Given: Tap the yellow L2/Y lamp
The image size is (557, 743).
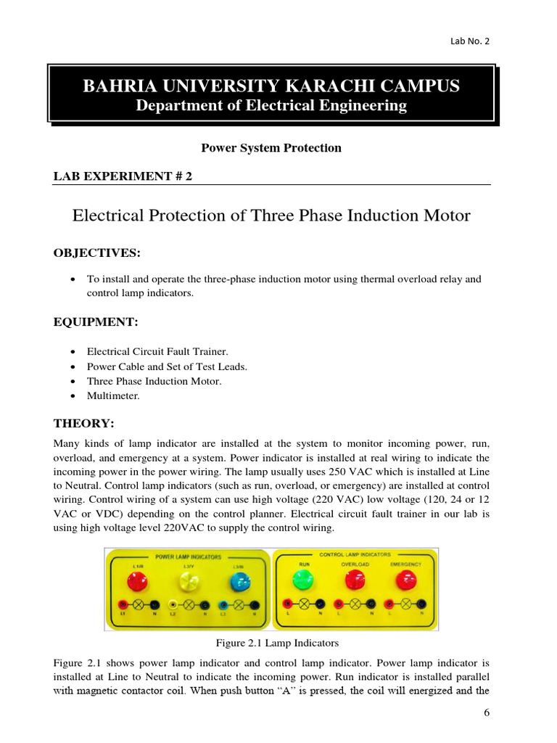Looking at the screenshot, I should (188, 581).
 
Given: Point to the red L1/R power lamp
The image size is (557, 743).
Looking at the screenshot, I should (137, 581).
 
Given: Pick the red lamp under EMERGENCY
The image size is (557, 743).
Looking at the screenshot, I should (406, 580).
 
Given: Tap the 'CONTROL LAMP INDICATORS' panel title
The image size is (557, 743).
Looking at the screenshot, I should (355, 554).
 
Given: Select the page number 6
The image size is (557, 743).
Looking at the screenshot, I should (487, 713).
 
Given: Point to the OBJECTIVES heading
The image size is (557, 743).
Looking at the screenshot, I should (96, 253).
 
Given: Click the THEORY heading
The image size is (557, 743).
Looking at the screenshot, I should (83, 423).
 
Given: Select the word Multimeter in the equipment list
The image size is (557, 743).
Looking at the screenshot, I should (113, 395).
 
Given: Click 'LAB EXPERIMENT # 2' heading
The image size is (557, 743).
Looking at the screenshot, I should (123, 176).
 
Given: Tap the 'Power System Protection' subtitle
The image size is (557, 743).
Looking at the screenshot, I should (271, 148).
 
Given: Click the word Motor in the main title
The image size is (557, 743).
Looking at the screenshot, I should (445, 215).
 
